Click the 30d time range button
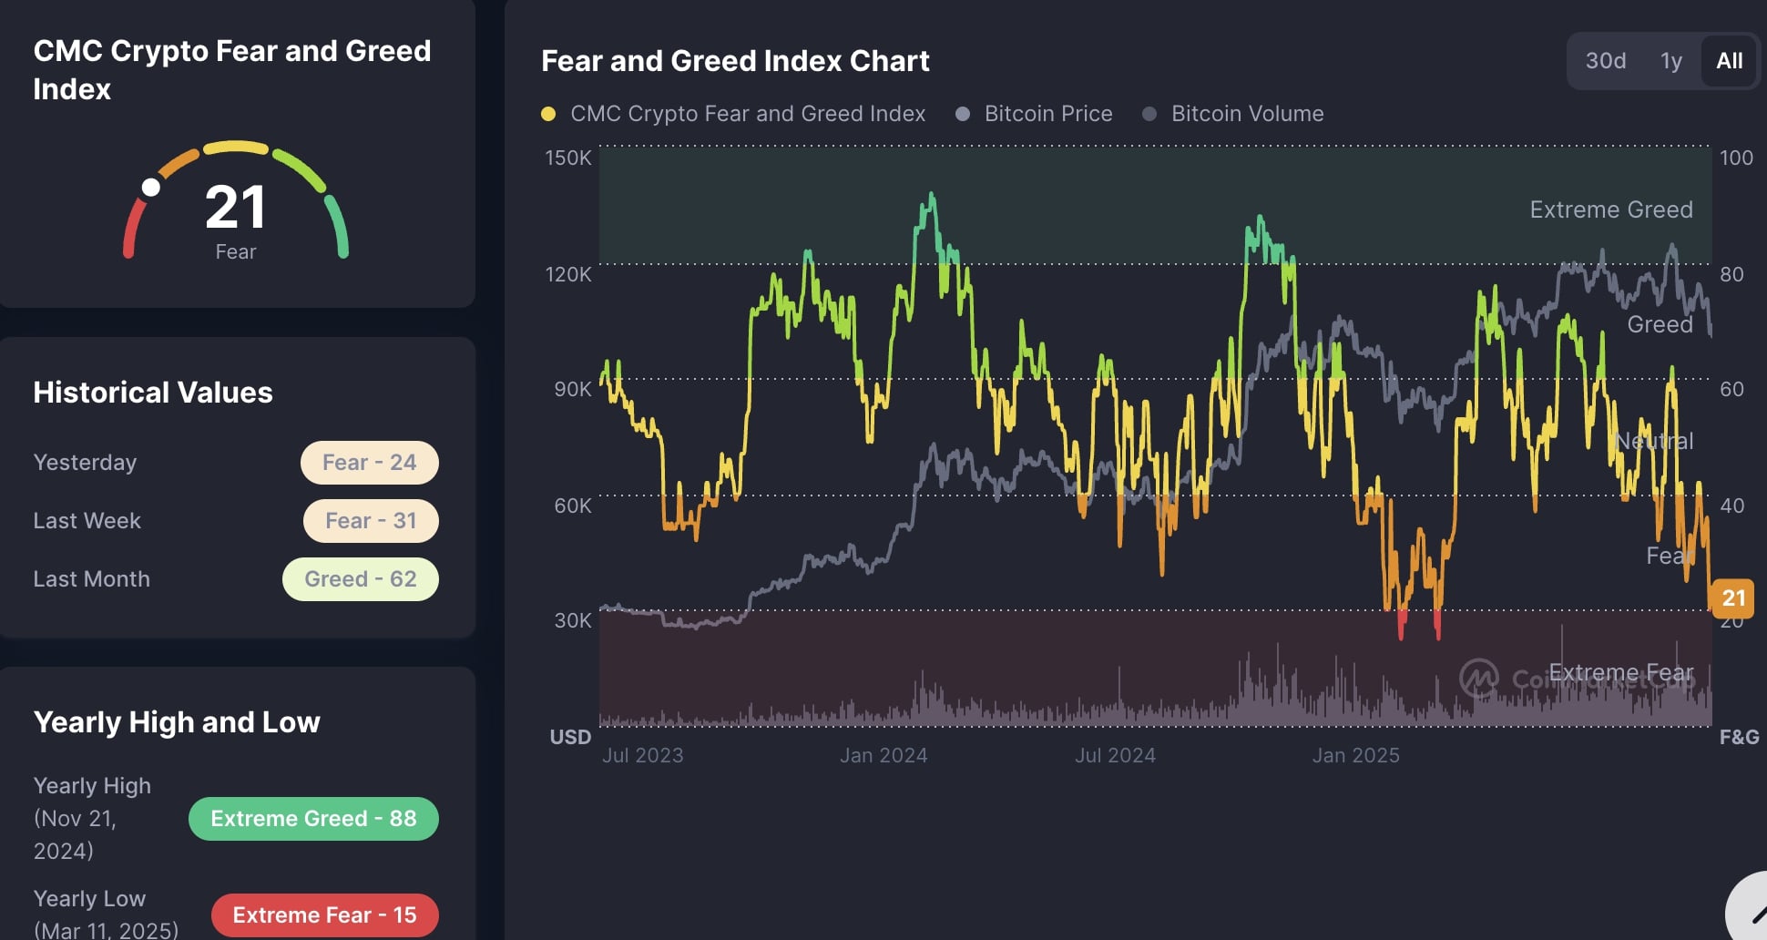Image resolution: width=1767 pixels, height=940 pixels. (1605, 61)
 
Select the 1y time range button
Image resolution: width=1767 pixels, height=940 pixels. (1670, 61)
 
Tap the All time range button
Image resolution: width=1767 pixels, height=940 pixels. (1729, 61)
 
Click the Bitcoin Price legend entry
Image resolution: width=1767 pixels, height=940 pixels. (1047, 114)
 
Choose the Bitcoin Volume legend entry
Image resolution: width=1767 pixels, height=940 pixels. (1247, 114)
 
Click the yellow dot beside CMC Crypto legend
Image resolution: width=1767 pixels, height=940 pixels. (548, 114)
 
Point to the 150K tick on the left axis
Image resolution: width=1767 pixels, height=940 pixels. (568, 158)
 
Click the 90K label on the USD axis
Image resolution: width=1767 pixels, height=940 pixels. (573, 389)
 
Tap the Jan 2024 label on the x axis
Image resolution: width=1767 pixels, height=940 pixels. (883, 755)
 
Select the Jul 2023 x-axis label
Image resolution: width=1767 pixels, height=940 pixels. (642, 755)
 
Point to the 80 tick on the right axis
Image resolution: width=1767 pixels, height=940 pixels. (1731, 274)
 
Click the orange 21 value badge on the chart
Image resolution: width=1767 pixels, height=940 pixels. (1732, 598)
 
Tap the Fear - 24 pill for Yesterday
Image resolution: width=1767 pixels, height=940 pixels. (369, 463)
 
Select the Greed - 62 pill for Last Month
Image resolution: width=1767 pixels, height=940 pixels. (360, 579)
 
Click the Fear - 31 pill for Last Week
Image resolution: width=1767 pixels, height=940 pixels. (370, 521)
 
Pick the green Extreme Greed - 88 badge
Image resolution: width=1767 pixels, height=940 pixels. (313, 819)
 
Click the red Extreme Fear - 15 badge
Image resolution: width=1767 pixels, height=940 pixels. (324, 915)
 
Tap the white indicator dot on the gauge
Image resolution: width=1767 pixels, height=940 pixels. (151, 188)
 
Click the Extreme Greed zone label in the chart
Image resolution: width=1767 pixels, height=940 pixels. (1610, 209)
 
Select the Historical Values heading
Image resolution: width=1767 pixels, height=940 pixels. (153, 393)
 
